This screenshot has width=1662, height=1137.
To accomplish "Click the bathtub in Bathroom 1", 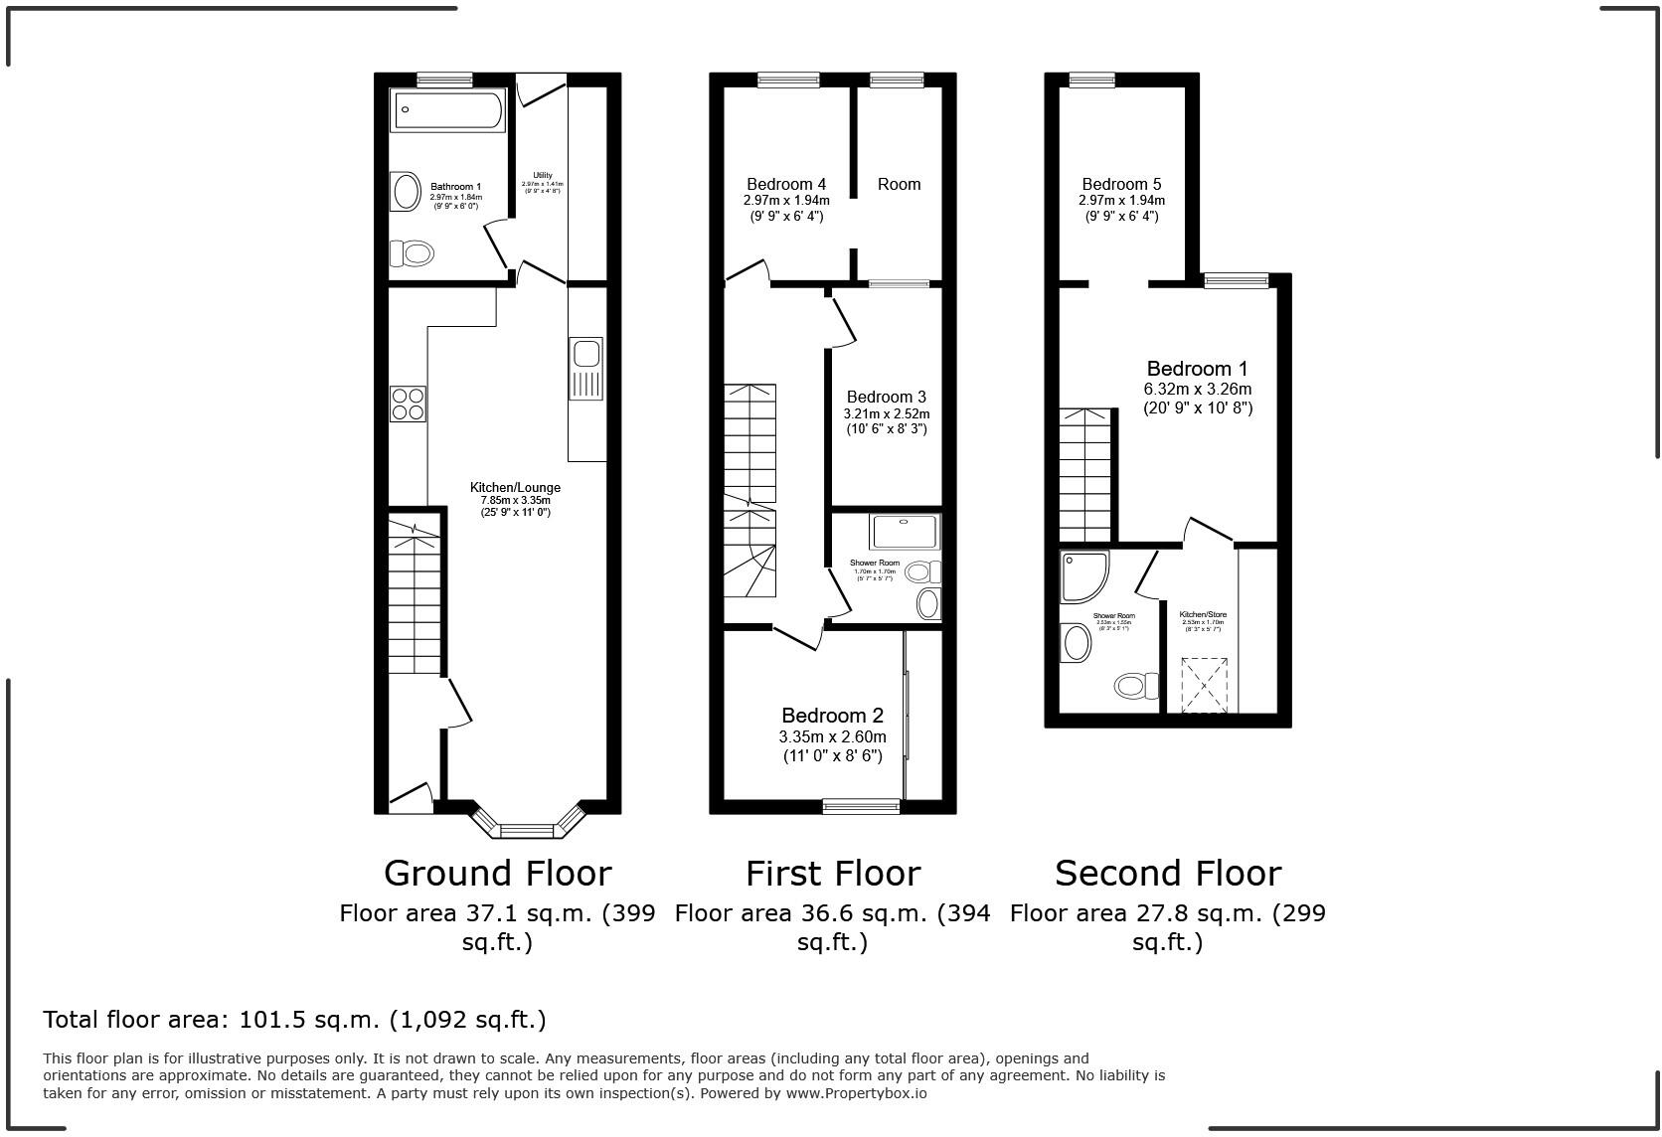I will coord(449,110).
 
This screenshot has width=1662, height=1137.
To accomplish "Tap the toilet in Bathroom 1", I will coord(412,254).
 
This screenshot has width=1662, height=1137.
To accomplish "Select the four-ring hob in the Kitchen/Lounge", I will coord(409,404).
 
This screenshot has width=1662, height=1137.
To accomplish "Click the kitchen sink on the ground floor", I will coord(585,369).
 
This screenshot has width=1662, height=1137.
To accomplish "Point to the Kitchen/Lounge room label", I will coord(515,487).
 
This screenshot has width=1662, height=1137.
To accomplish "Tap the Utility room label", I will coord(543,175).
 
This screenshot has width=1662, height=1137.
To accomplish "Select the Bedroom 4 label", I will coord(786,184).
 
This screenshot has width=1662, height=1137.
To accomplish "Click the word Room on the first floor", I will coord(899,184).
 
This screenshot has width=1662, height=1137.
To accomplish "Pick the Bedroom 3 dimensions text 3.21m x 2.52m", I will coord(886,413).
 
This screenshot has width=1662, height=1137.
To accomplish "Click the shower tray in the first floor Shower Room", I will coord(904,532).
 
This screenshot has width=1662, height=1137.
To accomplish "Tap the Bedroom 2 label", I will coord(832,716).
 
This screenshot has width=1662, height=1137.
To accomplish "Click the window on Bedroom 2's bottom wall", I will coord(861,806).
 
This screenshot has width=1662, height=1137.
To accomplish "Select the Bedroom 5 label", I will coord(1121,184).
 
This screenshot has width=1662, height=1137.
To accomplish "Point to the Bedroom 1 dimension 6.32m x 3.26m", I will coord(1198,390).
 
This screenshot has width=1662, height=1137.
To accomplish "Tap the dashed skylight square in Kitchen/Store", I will coord(1204,685).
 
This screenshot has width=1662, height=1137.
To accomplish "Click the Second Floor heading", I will coord(1167,873).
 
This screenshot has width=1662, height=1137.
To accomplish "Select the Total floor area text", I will coord(294,1019).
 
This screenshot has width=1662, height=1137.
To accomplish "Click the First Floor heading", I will coord(833,873).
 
